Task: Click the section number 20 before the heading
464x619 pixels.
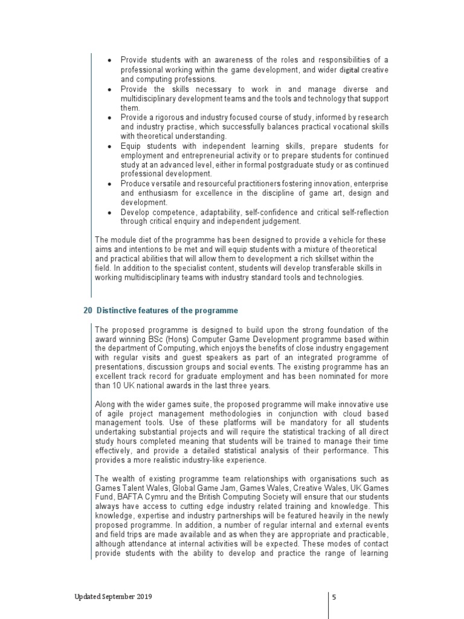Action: (x=87, y=311)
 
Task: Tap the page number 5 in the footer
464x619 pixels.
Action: (x=333, y=597)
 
